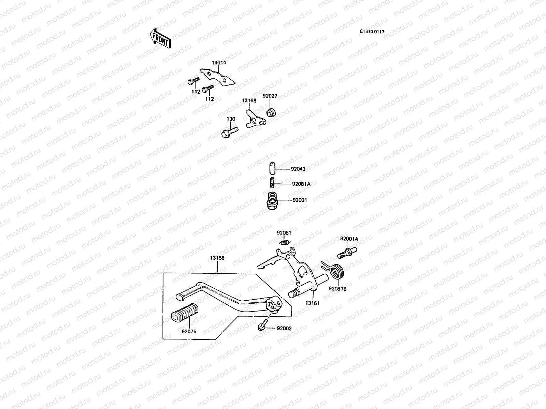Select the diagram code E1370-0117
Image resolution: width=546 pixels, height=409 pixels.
[372, 32]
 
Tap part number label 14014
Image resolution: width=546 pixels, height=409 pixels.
[219, 63]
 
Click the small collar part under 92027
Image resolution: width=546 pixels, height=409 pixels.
[271, 112]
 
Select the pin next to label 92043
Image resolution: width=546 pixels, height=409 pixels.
[272, 168]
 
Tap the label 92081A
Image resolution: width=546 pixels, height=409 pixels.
[301, 184]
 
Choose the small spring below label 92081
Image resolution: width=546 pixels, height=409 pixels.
[285, 242]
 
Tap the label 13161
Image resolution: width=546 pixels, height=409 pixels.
[312, 303]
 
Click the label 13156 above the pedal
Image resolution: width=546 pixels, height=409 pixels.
[217, 258]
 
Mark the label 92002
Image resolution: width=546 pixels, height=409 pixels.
[284, 329]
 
